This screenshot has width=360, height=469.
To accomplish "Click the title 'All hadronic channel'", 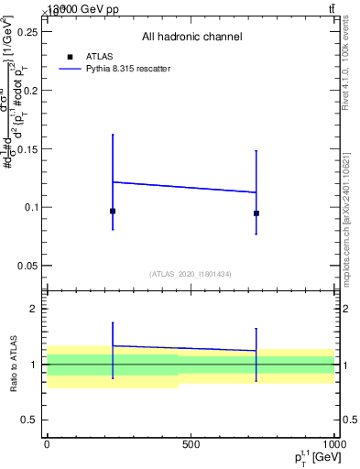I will (191, 37).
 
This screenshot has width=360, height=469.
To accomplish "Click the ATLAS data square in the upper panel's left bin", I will (113, 211).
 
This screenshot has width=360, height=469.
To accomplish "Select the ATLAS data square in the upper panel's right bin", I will (256, 213).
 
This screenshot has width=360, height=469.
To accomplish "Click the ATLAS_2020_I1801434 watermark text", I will (191, 274).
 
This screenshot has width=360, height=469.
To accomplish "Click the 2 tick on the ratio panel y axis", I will (34, 309).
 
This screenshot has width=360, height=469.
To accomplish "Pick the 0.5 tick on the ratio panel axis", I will (29, 420).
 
